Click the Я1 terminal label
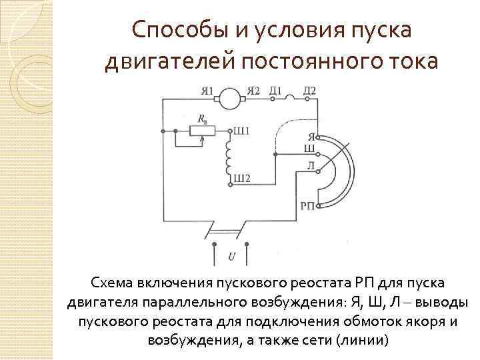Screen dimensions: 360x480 208,91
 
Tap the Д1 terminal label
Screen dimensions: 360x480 275,91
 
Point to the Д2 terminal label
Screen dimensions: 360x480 309,91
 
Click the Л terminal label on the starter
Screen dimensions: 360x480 310,165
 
